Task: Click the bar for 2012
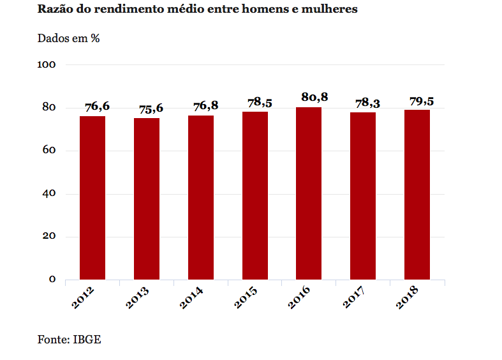(x=92, y=198)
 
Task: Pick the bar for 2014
(x=201, y=197)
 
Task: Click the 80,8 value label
(x=314, y=97)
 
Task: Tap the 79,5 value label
(x=421, y=101)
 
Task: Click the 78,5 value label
(x=259, y=102)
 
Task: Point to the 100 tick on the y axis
(x=48, y=65)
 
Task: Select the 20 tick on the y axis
(x=50, y=237)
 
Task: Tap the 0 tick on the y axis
(x=52, y=280)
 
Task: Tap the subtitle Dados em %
(x=69, y=38)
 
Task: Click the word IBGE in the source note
(x=87, y=339)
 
